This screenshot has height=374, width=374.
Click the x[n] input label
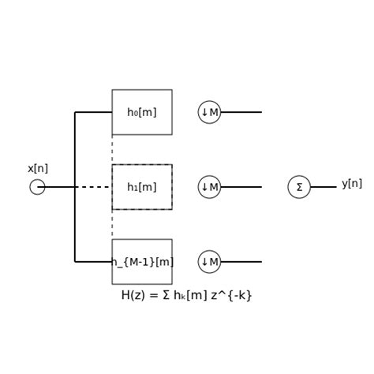pyautogui.click(x=38, y=169)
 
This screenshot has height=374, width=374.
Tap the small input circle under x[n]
pyautogui.click(x=37, y=187)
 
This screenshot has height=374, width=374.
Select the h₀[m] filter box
pyautogui.click(x=142, y=112)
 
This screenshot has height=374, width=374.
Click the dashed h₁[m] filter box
pyautogui.click(x=142, y=187)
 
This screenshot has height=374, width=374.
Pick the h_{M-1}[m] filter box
pyautogui.click(x=142, y=262)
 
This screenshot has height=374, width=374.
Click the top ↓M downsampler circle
pyautogui.click(x=209, y=112)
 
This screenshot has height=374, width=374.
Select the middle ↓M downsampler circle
pyautogui.click(x=209, y=187)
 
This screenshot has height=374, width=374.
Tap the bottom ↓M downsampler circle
pyautogui.click(x=209, y=262)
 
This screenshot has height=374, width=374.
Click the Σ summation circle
pyautogui.click(x=299, y=187)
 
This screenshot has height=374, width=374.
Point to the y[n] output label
pyautogui.click(x=352, y=184)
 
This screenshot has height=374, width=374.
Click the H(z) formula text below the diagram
pyautogui.click(x=186, y=295)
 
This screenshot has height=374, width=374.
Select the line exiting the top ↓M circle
pyautogui.click(x=241, y=112)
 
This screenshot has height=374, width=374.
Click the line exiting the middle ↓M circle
pyautogui.click(x=241, y=187)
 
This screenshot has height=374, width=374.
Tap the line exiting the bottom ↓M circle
pyautogui.click(x=241, y=262)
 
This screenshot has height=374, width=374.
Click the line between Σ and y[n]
pyautogui.click(x=324, y=187)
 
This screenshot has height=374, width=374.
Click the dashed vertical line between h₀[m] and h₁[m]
pyautogui.click(x=112, y=149)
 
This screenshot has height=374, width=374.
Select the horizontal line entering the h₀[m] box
pyautogui.click(x=93, y=112)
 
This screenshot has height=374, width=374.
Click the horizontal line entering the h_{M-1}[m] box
pyautogui.click(x=93, y=262)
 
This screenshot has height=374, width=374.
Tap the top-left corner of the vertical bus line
pyautogui.click(x=75, y=112)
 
